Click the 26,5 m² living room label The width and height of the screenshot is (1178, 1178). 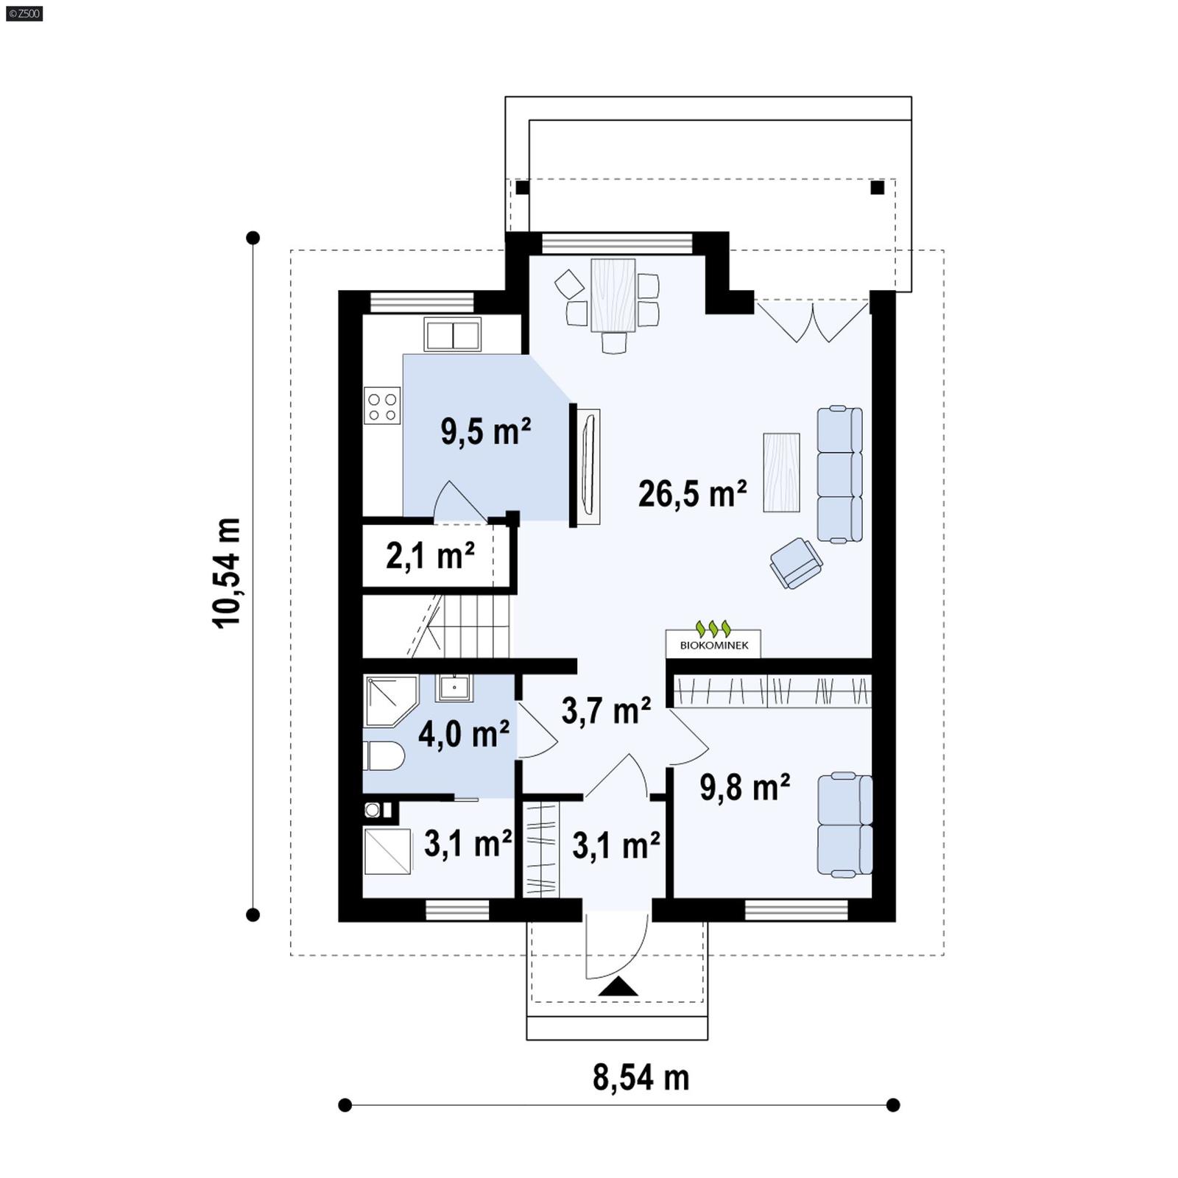pyautogui.click(x=692, y=494)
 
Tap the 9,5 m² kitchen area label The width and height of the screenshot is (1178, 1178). pyautogui.click(x=486, y=431)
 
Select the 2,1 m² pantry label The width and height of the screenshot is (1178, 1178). pyautogui.click(x=430, y=556)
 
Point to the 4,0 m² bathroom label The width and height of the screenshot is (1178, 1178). pyautogui.click(x=464, y=734)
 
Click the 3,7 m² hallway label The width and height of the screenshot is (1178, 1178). pyautogui.click(x=605, y=711)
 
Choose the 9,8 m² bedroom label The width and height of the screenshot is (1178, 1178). pyautogui.click(x=744, y=787)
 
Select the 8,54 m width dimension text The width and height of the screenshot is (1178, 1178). pyautogui.click(x=641, y=1078)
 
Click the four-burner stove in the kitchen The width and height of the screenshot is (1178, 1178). pyautogui.click(x=382, y=406)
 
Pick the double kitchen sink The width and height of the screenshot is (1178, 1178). pyautogui.click(x=452, y=335)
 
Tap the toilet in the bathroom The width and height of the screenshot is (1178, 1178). pyautogui.click(x=384, y=756)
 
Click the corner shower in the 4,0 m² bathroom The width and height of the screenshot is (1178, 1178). pyautogui.click(x=389, y=699)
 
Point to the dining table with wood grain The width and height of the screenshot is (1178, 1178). pyautogui.click(x=613, y=294)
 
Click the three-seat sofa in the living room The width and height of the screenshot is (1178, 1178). pyautogui.click(x=839, y=475)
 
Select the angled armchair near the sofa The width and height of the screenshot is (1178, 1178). pyautogui.click(x=795, y=563)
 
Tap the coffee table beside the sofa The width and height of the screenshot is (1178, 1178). pyautogui.click(x=781, y=472)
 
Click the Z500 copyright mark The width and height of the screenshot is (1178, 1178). pyautogui.click(x=24, y=13)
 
